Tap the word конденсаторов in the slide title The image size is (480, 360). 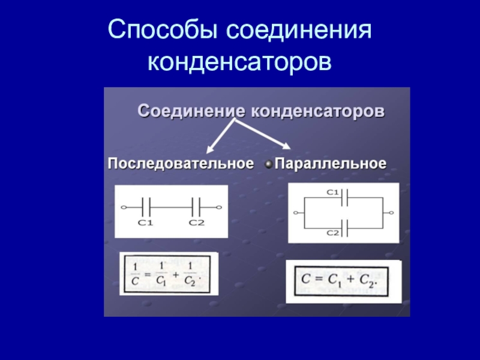click(x=239, y=61)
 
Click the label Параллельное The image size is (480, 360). click(x=330, y=163)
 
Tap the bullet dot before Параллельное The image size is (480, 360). click(x=268, y=163)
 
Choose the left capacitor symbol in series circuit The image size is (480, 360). click(x=146, y=208)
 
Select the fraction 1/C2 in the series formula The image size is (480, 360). click(x=190, y=274)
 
